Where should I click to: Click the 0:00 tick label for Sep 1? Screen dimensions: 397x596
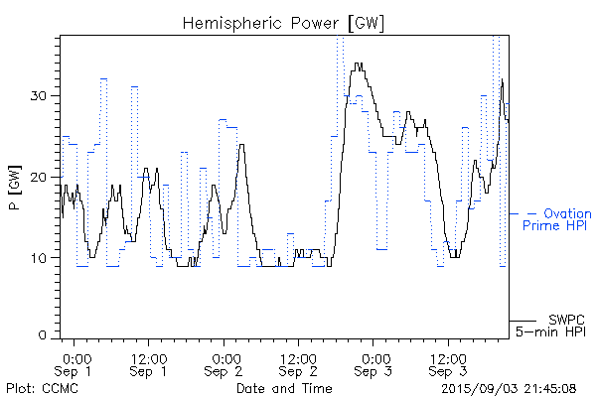click(x=76, y=356)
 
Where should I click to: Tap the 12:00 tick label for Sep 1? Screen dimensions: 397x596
click(x=148, y=356)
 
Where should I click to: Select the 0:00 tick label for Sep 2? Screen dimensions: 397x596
click(x=225, y=356)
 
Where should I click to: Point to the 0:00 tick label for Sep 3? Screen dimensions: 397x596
click(x=374, y=356)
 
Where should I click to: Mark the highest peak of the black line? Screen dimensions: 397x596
click(x=358, y=64)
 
